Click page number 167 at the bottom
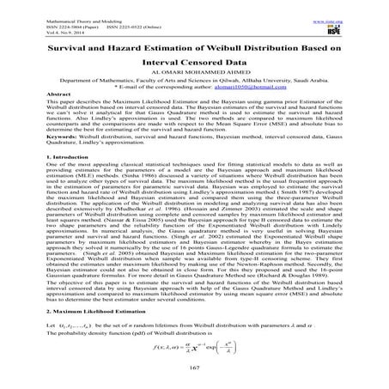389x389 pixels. point(194,368)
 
